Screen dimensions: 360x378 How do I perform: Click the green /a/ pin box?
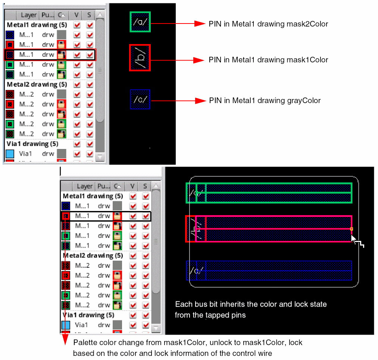tap(140, 22)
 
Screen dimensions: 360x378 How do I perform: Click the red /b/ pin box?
tap(140, 58)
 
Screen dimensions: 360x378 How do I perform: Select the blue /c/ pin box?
tap(140, 99)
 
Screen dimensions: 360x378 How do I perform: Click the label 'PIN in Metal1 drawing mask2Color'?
tap(268, 24)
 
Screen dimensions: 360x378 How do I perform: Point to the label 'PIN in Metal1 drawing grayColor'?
tap(265, 100)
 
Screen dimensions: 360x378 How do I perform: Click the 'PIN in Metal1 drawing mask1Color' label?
tap(268, 60)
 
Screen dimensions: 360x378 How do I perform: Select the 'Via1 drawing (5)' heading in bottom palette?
tap(88, 315)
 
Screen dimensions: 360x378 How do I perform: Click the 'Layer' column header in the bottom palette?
tap(84, 186)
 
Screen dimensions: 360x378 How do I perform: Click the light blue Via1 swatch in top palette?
tap(10, 153)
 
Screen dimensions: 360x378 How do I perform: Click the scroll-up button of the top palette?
tap(100, 15)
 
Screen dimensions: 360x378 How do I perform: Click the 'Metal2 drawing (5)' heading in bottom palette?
tap(93, 255)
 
